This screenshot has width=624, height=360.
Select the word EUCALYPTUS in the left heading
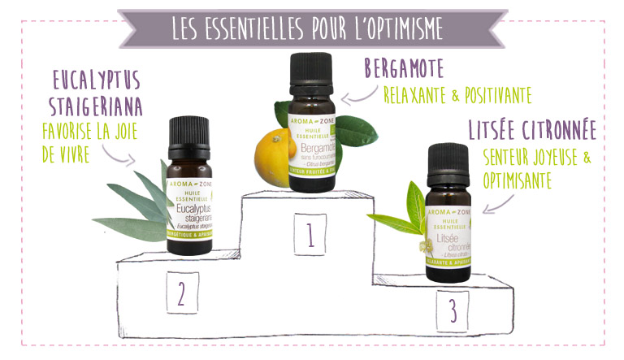pos(96,80)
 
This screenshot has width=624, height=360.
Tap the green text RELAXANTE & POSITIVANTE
pos(457,96)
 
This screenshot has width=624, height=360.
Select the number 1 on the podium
pos(310,236)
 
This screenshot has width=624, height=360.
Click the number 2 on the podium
pos(182,293)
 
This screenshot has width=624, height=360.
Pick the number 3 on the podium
pos(452,310)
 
